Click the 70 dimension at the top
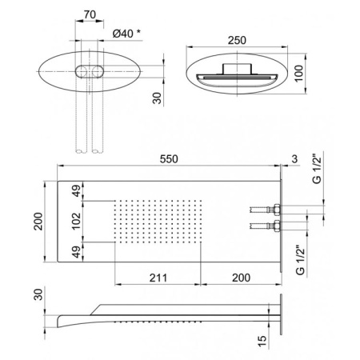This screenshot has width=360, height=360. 90,14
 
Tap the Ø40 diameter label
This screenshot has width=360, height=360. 123,34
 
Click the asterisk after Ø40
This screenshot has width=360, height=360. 138,32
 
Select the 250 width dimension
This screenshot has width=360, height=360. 237,40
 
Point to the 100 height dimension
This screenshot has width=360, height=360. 299,74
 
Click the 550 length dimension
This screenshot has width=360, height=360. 169,159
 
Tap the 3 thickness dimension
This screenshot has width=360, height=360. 294,159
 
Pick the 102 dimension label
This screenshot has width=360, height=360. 76,221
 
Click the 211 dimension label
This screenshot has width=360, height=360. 158,278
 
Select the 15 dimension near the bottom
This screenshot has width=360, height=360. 262,342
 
